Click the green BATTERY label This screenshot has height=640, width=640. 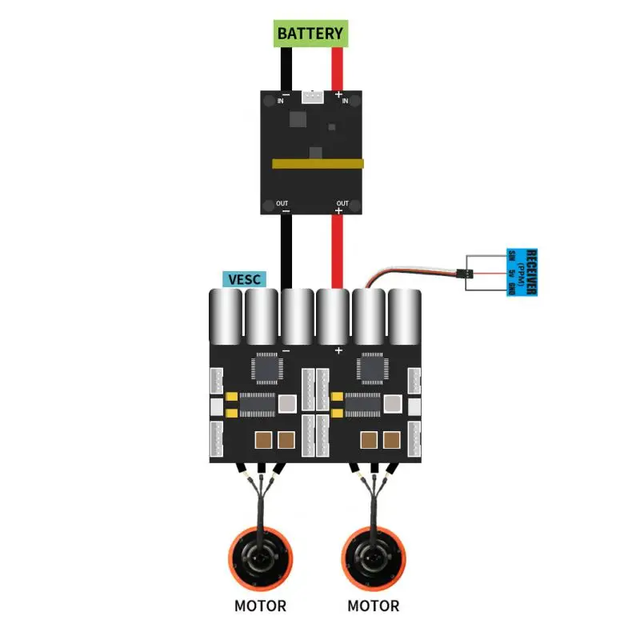coord(310,34)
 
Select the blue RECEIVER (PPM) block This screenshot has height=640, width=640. coord(522,272)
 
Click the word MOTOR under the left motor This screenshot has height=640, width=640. coord(260,606)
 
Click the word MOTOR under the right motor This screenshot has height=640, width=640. coord(373,606)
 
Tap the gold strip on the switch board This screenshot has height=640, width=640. coord(318,163)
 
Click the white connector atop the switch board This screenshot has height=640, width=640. coord(312,98)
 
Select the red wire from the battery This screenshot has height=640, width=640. coord(338,67)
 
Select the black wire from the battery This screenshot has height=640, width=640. coord(286,67)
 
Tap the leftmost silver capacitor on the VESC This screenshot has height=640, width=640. coord(225,314)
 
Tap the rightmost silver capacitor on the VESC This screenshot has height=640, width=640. coord(405,314)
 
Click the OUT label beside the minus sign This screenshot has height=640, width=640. coord(282,203)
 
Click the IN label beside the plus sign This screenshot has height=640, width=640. coord(345,102)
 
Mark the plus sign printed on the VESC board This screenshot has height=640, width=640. coord(338,351)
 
